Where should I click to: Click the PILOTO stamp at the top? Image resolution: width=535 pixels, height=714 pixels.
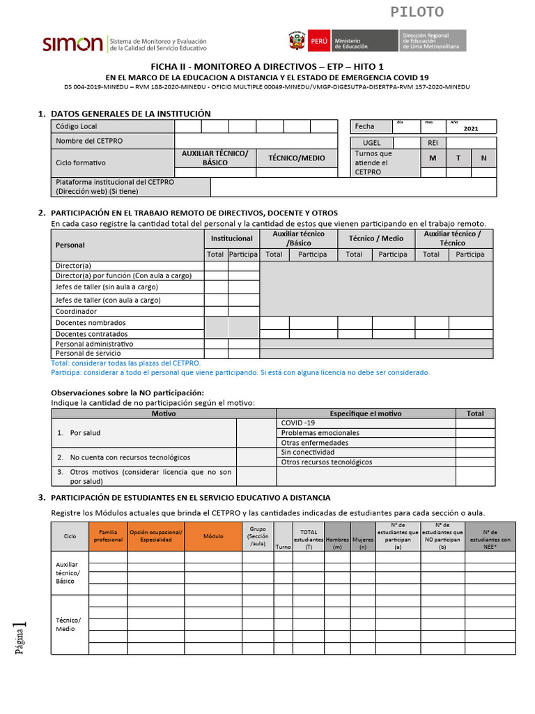[417, 12]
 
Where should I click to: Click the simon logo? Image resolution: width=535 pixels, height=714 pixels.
[72, 44]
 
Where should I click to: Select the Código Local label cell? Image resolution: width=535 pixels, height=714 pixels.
[113, 126]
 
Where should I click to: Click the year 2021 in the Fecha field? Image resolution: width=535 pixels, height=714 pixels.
[471, 129]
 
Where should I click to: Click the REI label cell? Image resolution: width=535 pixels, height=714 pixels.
[433, 142]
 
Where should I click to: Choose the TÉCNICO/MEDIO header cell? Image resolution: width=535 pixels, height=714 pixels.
[297, 158]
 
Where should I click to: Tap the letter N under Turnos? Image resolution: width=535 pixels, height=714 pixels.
[483, 158]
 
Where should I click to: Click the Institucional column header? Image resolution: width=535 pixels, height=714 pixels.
[231, 238]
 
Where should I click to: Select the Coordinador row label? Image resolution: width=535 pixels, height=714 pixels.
[77, 312]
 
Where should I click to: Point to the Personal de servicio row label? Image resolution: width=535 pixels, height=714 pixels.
[88, 354]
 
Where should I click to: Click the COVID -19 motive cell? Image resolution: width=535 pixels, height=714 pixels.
[298, 423]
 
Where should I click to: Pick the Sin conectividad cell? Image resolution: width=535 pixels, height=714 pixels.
[307, 453]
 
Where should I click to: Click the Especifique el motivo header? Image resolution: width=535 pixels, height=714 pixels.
[366, 413]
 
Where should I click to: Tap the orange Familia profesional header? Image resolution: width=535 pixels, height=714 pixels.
[107, 536]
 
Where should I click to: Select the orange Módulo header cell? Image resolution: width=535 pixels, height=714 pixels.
[213, 536]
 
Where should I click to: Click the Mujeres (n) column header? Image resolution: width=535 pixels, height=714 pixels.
[362, 539]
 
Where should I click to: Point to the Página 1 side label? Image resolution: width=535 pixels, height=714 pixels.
[22, 637]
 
